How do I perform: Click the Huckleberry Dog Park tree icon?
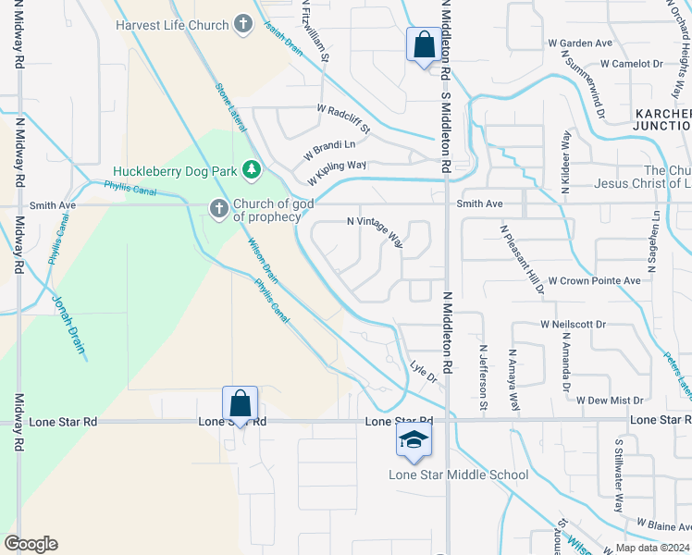click(250, 170)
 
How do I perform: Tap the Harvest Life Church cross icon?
click(243, 25)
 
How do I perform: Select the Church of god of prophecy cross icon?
click(219, 209)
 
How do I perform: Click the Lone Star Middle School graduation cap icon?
click(414, 441)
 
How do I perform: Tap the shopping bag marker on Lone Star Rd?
click(240, 404)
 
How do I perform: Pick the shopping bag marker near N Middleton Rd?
click(424, 45)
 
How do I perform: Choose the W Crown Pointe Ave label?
click(594, 280)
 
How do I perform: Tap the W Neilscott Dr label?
click(573, 325)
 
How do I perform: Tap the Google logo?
click(31, 544)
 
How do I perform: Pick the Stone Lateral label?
click(231, 104)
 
